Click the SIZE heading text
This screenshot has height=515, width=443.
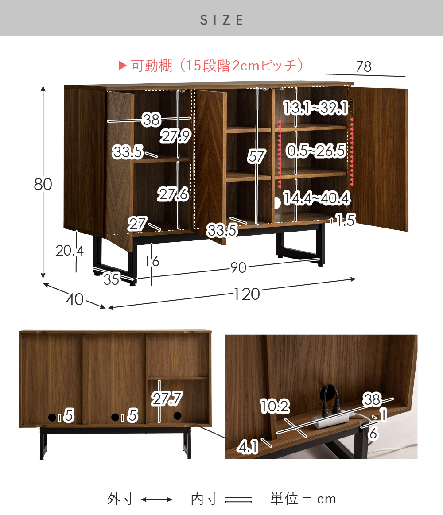222,20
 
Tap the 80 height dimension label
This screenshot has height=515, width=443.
43,184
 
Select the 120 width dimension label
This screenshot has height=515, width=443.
247,294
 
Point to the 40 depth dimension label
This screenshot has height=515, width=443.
74,299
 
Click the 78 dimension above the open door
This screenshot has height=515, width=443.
364,67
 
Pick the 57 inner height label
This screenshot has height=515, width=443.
256,156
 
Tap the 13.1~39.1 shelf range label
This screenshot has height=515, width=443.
316,108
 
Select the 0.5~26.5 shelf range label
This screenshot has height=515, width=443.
316,151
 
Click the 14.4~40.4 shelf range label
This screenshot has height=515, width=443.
317,198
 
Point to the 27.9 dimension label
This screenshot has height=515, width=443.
175,136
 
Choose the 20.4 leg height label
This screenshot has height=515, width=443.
70,251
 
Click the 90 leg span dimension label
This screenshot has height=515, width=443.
238,267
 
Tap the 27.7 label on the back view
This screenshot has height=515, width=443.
167,399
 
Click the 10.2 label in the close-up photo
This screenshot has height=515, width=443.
275,406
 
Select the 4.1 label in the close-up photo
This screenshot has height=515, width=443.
248,447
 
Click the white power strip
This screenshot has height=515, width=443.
332,420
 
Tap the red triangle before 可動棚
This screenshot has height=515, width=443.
123,66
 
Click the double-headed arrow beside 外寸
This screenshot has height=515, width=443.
157,500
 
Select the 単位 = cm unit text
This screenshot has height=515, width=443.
303,499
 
